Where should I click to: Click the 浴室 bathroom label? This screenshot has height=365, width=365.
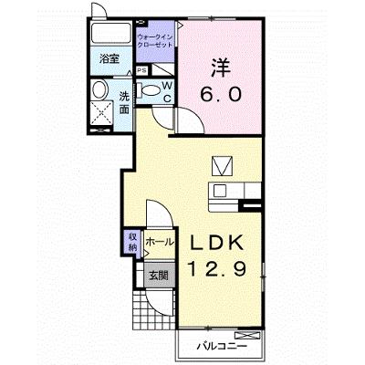coord(109,58)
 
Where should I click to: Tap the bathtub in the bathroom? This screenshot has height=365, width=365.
coord(110,33)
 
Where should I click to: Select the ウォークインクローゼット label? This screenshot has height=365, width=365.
coord(155,41)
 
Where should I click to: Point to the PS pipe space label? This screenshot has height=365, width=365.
coord(141,71)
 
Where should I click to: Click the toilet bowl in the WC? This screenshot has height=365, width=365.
coord(151,90)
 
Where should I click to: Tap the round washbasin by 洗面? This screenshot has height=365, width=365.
coord(100,89)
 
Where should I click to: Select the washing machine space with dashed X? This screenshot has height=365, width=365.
coord(102,112)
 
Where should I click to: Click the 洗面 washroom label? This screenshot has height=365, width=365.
coord(124,102)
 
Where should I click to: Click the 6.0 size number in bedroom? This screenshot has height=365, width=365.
coord(221,94)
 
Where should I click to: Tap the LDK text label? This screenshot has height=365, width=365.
coord(217,243)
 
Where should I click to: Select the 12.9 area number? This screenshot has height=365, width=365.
coord(216,269)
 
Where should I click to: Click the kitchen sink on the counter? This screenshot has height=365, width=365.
coord(220,191)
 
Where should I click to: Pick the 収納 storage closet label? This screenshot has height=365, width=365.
coord(132,242)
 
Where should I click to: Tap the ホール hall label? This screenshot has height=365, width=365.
coord(160,243)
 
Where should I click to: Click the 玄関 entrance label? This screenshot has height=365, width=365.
coord(158,276)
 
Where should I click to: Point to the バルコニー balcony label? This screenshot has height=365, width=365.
coord(221,346)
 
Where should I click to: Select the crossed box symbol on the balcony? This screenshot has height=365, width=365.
coord(248,336)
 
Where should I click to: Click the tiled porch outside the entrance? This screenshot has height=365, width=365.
coord(154,308)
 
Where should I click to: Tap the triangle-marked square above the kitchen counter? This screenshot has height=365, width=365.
coord(222,166)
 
